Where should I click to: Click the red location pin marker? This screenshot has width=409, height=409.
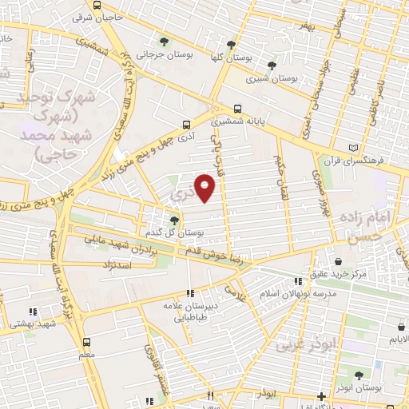point(205,188)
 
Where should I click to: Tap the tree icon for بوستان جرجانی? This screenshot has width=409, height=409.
point(164,42)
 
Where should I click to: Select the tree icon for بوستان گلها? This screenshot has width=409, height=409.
point(231,45)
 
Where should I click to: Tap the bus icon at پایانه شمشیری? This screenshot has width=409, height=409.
point(236,110)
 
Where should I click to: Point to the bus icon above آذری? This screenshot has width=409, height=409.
point(186,125)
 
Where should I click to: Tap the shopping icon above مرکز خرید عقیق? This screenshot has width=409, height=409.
point(339,261)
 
